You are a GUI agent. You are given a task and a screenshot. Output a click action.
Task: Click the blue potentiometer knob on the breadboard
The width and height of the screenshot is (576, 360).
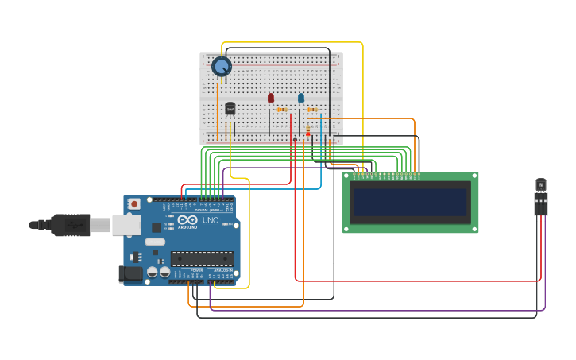point(222,67)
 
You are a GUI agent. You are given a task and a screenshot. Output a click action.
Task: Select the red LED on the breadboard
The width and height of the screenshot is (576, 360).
point(271,98)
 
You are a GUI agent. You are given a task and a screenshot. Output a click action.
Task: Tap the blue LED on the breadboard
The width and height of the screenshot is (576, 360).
point(301,98)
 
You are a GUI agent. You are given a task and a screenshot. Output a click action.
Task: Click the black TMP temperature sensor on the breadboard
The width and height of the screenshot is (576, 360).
point(230,108)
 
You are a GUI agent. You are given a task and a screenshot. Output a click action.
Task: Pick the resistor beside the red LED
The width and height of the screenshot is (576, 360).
point(282,110)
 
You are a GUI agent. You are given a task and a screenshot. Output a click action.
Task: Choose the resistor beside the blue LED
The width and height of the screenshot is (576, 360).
point(312,110)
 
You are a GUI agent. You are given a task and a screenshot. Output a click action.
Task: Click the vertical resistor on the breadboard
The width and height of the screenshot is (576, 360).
point(308,131)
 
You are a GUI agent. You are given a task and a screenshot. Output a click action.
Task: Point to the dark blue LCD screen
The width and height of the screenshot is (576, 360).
point(410,202)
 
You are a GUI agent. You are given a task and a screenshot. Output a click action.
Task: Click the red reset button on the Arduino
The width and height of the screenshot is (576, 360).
point(134,204)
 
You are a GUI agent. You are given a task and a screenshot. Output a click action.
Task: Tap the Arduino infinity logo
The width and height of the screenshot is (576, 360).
point(187,220)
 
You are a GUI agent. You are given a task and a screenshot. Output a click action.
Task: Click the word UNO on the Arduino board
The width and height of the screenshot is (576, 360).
point(211,220)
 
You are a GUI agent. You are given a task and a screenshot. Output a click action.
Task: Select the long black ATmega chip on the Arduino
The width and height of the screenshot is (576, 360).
point(203,258)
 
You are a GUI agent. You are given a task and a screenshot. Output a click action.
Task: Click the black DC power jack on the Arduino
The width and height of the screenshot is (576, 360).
point(130,274)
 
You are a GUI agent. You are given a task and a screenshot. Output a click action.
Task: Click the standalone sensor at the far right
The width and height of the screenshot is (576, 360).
point(541,195)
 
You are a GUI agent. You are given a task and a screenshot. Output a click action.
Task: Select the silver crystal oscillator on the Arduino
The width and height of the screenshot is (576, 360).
point(155,242)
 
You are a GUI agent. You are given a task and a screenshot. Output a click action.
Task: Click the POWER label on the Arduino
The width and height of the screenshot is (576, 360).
point(195,271)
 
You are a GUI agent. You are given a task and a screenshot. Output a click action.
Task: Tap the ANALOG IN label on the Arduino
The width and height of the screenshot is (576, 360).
point(223,271)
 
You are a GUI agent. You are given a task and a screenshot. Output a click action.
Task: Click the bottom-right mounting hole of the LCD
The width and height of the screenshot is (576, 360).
point(474,229)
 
